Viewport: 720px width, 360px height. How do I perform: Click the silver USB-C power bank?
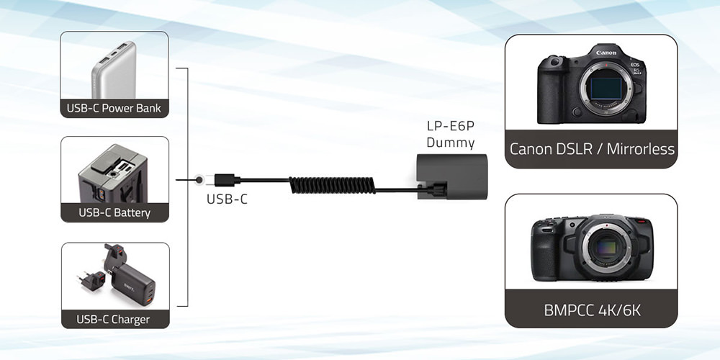(x=114, y=70)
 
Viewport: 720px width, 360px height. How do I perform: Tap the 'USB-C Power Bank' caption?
(x=114, y=109)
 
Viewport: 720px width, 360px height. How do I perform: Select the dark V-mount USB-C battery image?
(x=113, y=174)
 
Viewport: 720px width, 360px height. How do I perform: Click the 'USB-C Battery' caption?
(x=114, y=212)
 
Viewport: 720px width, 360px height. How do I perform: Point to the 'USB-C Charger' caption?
(x=113, y=319)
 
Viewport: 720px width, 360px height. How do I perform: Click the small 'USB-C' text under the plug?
(x=227, y=199)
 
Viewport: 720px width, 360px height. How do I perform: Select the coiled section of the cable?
(x=332, y=185)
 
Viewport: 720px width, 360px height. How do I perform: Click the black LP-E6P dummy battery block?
(x=452, y=176)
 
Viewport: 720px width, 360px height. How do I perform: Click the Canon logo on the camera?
(x=606, y=53)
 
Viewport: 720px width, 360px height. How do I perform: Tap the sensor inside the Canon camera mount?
(x=606, y=88)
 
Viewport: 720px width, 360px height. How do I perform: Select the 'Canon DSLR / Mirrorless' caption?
(x=592, y=149)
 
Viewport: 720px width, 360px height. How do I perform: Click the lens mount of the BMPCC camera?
(x=606, y=248)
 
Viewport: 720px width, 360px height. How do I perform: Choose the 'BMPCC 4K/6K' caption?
(x=592, y=310)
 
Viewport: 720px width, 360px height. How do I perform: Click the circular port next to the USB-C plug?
(x=199, y=180)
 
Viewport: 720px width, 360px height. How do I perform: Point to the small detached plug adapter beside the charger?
(x=93, y=280)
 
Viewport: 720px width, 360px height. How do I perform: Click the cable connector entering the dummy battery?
(x=437, y=189)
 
